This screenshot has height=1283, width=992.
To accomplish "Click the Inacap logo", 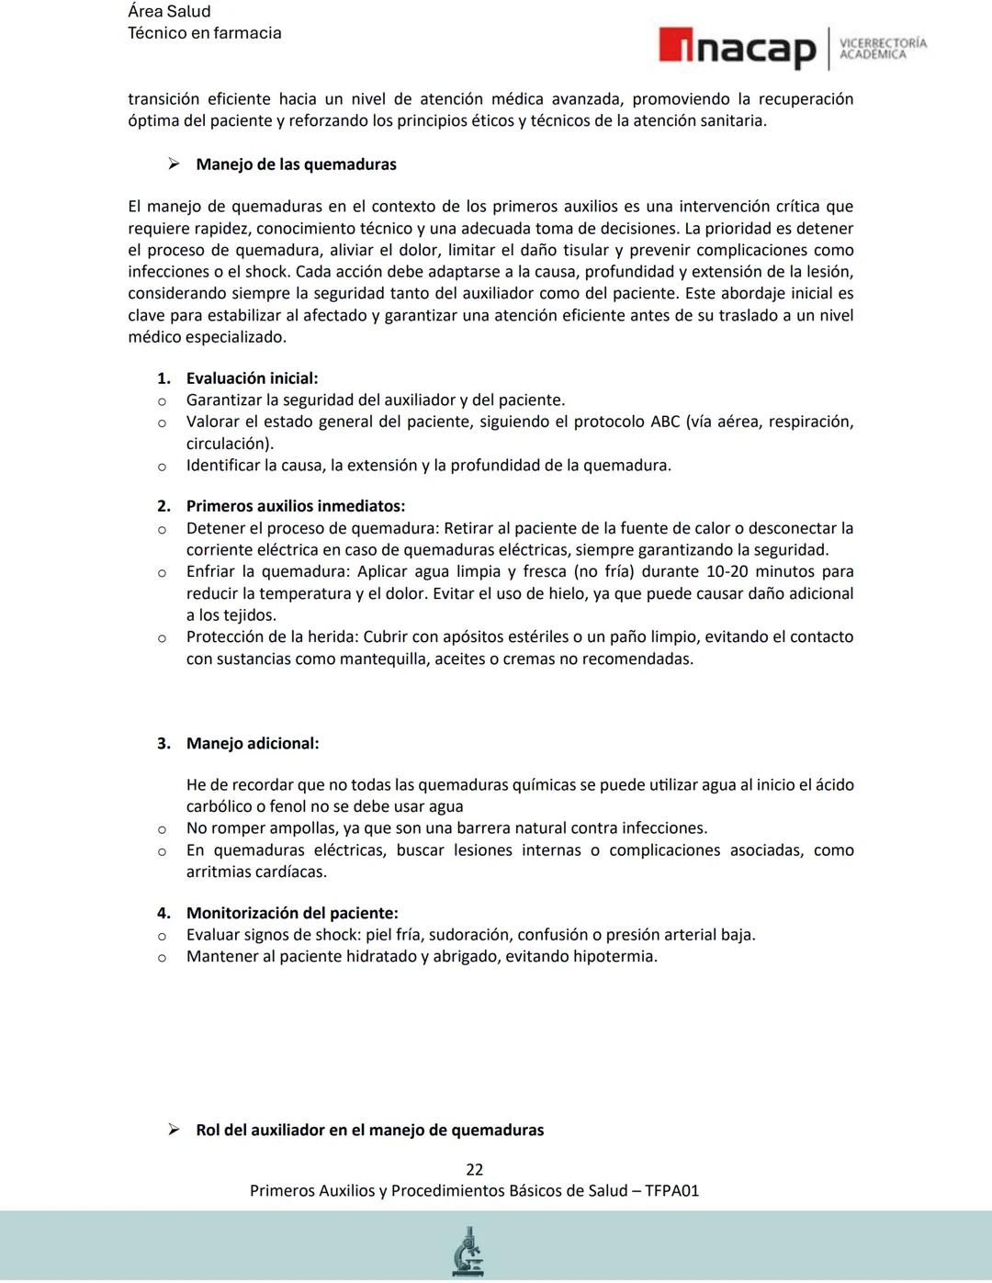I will (738, 48).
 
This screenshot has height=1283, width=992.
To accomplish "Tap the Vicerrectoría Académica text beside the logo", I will (883, 49).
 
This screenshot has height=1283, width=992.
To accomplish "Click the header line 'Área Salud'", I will (169, 11).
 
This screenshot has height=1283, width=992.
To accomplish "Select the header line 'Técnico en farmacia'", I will (204, 33).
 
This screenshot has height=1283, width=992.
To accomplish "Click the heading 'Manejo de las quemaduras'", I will (296, 164).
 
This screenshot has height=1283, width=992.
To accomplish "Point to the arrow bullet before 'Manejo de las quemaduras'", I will (174, 164).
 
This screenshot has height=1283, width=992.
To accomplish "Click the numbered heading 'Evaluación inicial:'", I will (252, 378).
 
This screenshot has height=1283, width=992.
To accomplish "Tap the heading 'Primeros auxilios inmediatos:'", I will (295, 506).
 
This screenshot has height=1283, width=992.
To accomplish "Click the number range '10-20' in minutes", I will (727, 571).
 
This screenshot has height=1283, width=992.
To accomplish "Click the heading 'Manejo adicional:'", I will (253, 743).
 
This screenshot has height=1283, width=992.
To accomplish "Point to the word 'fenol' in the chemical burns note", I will (287, 806).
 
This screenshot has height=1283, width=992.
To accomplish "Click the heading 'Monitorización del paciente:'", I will (292, 913).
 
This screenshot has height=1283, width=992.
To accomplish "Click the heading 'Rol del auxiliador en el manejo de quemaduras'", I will (369, 1130).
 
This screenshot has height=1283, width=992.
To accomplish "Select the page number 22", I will (474, 1169).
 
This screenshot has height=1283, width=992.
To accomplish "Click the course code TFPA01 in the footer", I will (671, 1190).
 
